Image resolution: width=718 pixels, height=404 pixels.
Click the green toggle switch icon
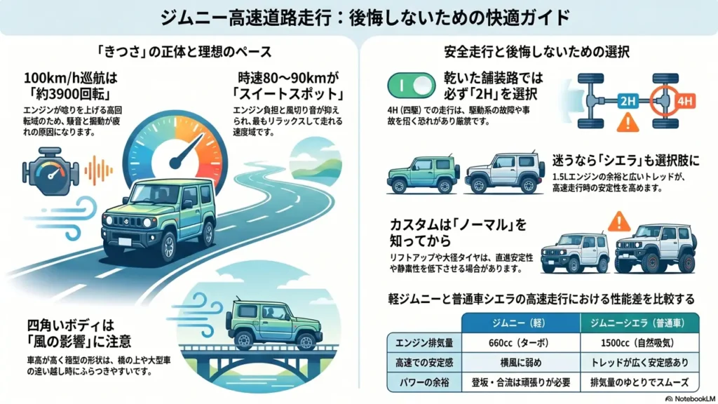pos(411,85)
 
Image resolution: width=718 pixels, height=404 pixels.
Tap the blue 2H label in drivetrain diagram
pos(628,101)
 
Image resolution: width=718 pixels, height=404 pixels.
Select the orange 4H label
pos(684,101)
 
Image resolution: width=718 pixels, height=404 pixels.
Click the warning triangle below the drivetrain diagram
pos(628,122)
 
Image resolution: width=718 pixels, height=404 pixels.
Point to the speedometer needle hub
pos(175,163)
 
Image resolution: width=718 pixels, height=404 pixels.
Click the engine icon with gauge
pos(50,171)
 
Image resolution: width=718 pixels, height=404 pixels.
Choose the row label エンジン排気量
pos(424,342)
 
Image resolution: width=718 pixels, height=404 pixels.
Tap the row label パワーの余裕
pos(424,382)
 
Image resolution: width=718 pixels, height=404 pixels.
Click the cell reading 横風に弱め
pos(520,363)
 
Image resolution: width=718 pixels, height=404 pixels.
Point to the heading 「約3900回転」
pos(69,95)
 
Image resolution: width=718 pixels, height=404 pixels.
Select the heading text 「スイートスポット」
pos(287,95)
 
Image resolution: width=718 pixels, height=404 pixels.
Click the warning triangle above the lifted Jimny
pos(618,221)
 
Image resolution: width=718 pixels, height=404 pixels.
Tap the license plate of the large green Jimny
pos(124,242)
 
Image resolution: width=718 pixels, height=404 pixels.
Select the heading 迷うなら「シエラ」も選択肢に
pos(625,161)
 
